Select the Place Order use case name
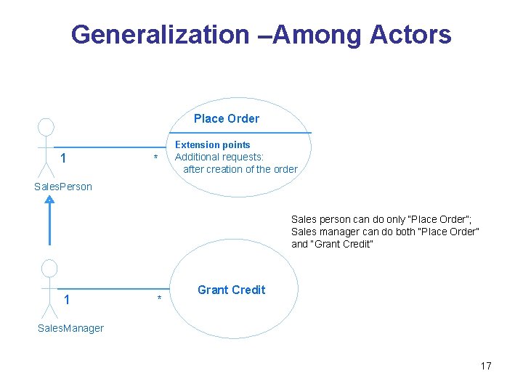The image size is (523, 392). [x=226, y=118]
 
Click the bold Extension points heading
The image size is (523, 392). [x=213, y=144]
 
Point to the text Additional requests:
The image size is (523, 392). [x=219, y=157]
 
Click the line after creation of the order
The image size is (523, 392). [x=240, y=169]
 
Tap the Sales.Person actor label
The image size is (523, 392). [x=63, y=187]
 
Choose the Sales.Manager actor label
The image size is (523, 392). [x=70, y=328]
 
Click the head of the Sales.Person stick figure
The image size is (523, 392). [x=46, y=127]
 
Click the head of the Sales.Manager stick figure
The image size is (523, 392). [x=49, y=268]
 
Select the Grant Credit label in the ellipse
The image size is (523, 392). [x=231, y=290]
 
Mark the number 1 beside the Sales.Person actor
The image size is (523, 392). [x=64, y=158]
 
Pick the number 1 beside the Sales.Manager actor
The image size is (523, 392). [x=67, y=299]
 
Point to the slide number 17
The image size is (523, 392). [x=485, y=366]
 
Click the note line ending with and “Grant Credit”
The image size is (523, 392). [x=332, y=244]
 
